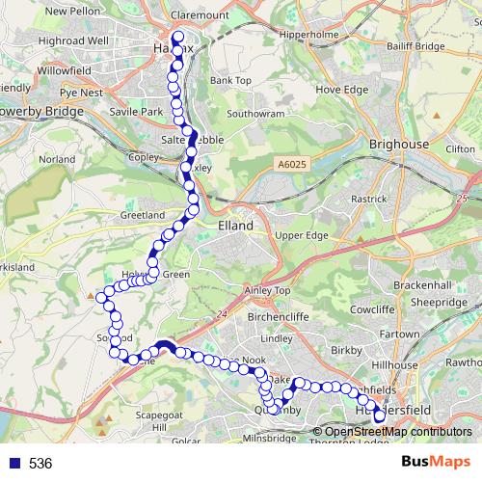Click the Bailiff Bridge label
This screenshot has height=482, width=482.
click(x=415, y=45)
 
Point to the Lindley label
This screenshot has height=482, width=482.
click(x=276, y=338)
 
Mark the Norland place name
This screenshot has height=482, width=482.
click(x=57, y=159)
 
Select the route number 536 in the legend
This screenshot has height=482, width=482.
click(x=40, y=464)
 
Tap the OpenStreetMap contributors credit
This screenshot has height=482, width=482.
click(x=397, y=432)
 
